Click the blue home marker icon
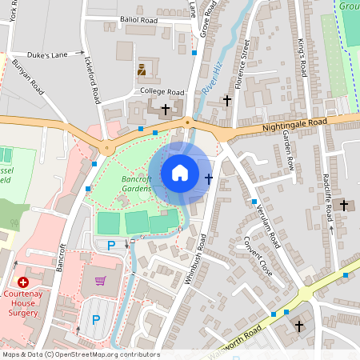tap(180, 172)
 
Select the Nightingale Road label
tap(294, 125)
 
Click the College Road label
tap(163, 91)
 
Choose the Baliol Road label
tap(151, 19)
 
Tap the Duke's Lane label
tap(49, 56)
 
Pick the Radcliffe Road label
tap(329, 195)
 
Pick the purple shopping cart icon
tap(100, 280)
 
